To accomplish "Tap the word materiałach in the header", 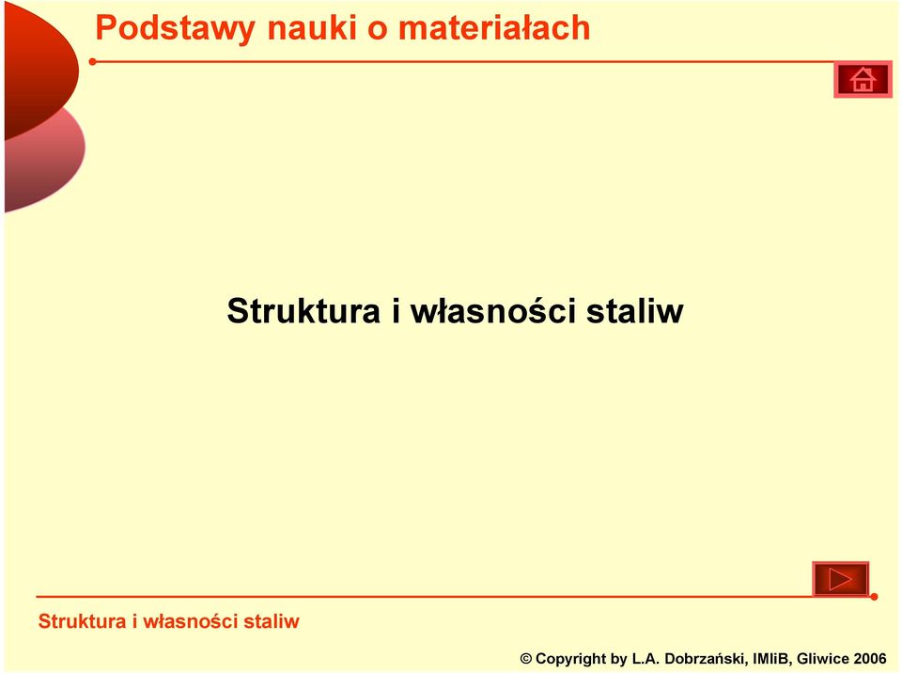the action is point(494,27).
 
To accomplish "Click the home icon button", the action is point(863,80).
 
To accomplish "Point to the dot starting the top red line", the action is point(93,62).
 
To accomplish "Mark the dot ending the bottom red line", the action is point(874,597).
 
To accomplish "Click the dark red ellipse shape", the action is point(40,69).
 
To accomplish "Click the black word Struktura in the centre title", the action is point(303,311).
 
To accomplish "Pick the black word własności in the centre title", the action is point(493,311).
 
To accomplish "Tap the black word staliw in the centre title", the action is point(635,311).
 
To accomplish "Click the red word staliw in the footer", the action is point(272,621).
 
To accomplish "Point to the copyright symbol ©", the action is point(526,659).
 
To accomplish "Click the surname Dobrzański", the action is point(707,659).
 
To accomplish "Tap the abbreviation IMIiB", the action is point(772,659).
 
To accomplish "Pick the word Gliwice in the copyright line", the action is point(823,659).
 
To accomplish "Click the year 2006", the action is point(870,659).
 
